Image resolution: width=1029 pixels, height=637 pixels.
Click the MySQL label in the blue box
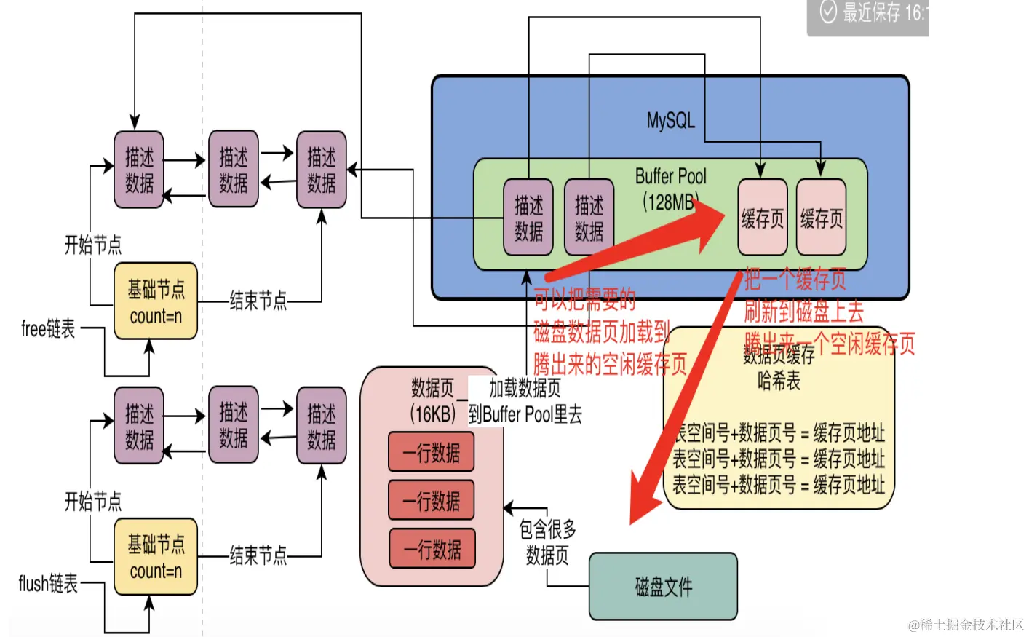click(x=670, y=120)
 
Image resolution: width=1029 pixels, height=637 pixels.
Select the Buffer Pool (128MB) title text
click(x=670, y=189)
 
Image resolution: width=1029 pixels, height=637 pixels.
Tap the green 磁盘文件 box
click(x=663, y=587)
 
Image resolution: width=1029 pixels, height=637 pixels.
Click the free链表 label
click(x=48, y=329)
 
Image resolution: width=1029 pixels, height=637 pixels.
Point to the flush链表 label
click(x=48, y=584)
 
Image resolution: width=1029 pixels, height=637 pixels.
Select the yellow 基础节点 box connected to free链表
click(x=156, y=301)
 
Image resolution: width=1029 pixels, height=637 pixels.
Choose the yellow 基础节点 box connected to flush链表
click(x=156, y=557)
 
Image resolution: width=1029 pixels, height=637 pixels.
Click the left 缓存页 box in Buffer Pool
click(x=762, y=218)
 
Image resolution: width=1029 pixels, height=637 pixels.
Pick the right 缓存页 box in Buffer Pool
click(x=821, y=218)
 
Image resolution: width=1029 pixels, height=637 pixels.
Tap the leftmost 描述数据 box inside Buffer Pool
click(x=528, y=218)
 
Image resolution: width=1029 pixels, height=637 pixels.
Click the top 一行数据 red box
click(x=432, y=452)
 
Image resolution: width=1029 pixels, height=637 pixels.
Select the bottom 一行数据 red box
click(x=432, y=549)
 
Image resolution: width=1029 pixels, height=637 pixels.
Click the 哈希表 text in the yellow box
click(x=779, y=381)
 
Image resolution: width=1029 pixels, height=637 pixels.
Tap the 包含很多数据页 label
click(x=547, y=542)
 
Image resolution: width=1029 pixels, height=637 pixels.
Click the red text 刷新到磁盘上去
click(x=803, y=312)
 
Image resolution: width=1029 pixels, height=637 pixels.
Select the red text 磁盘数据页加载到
click(x=601, y=332)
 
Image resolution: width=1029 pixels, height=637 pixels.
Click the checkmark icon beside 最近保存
click(x=828, y=12)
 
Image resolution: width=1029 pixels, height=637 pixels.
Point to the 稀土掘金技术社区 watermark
click(x=966, y=625)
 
